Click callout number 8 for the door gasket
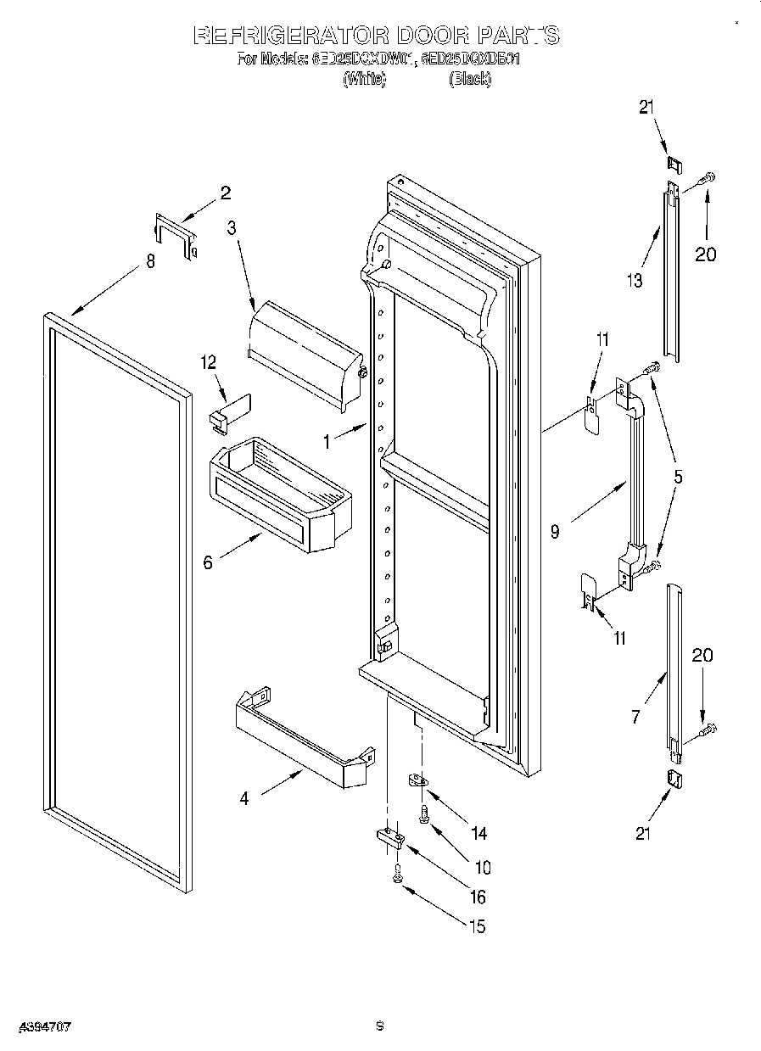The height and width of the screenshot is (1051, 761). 150,262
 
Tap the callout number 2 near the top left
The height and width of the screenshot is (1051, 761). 225,193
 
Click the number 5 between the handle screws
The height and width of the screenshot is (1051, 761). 677,476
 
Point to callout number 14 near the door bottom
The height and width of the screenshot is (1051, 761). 478,833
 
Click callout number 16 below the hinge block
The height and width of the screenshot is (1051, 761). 478,897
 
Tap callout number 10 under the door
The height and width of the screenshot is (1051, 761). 483,867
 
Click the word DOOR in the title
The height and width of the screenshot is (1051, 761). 427,36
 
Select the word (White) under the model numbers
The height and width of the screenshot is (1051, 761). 364,79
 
